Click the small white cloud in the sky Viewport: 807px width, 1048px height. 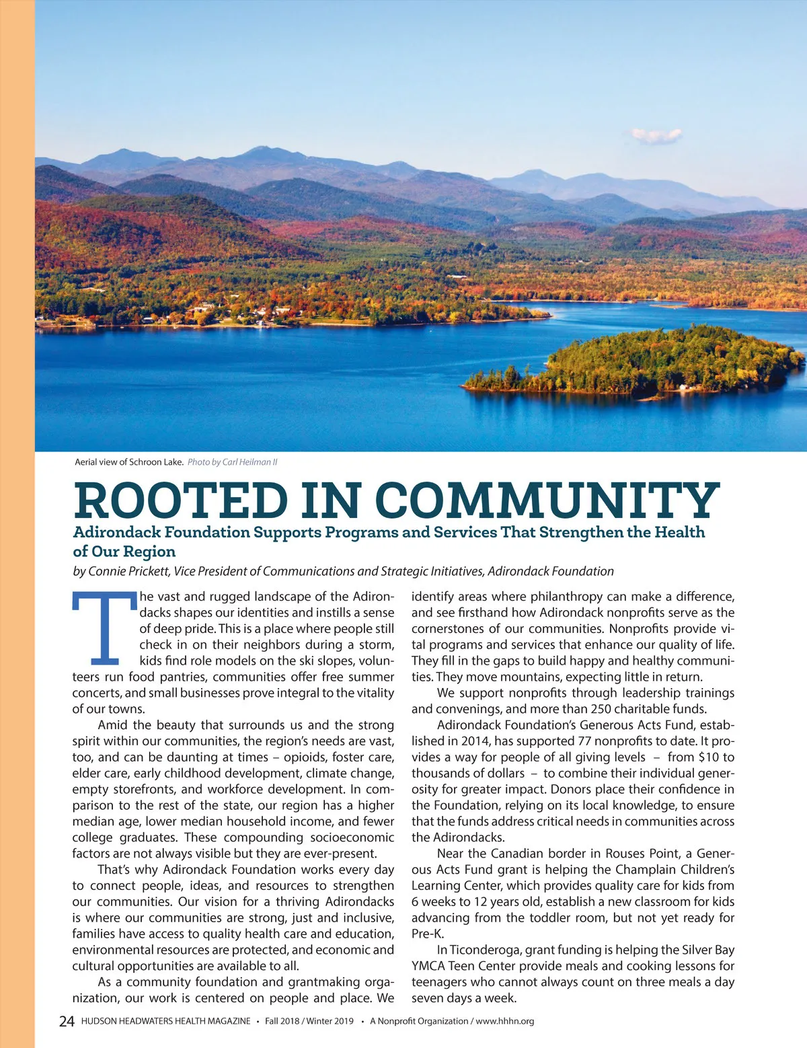click(x=656, y=136)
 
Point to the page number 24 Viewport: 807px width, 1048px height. click(x=67, y=1021)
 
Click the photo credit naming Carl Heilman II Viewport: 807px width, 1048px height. click(x=233, y=462)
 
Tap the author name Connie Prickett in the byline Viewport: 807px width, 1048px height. click(x=130, y=571)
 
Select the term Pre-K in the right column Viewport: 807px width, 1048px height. click(x=428, y=934)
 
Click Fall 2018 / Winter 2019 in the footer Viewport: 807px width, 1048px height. click(x=309, y=1021)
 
